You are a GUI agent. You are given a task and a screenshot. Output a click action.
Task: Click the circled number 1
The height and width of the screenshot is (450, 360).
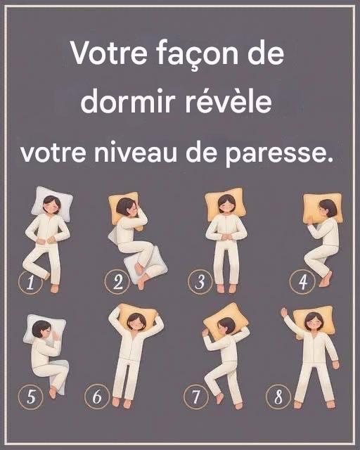30,282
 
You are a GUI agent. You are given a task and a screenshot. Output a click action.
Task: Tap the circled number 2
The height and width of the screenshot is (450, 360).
117,282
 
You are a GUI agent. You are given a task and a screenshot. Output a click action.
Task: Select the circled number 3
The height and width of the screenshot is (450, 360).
200,281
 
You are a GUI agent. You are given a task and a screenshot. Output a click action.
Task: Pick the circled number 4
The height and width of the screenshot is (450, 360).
302,282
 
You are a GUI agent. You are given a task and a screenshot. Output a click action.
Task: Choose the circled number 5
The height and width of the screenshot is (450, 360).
31,397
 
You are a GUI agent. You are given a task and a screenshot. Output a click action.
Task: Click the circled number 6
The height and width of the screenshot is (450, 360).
97,397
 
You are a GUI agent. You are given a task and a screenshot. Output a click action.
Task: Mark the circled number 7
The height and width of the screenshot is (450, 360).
196,397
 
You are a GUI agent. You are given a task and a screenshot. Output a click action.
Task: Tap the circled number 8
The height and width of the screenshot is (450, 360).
278,397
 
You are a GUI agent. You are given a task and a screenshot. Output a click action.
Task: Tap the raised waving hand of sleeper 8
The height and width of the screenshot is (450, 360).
285,312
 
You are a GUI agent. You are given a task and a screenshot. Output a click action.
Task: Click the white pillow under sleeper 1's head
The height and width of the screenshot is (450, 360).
52,203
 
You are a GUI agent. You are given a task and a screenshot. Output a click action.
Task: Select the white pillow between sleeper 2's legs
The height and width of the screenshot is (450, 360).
145,264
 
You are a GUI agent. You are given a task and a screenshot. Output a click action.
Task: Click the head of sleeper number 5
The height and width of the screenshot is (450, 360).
42,330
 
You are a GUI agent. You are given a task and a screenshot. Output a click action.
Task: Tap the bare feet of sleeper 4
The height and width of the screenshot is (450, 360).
326,280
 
